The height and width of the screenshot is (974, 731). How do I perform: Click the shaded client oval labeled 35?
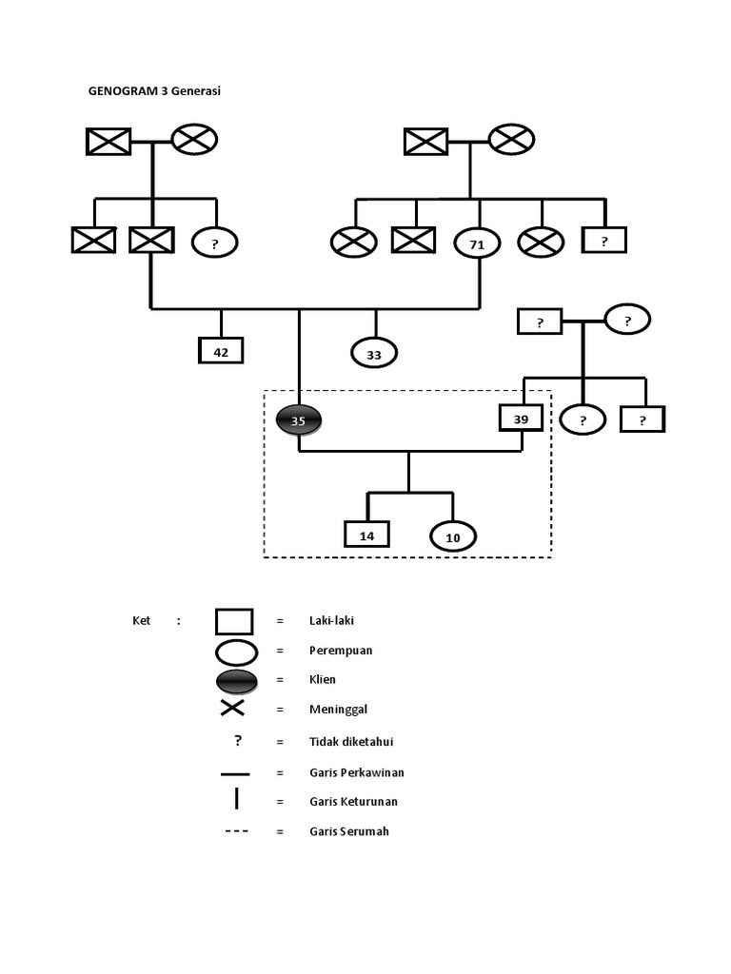tap(299, 419)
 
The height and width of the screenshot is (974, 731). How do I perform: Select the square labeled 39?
tap(521, 419)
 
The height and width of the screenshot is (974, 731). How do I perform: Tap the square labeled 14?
tap(367, 536)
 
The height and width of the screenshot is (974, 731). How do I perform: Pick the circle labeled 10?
tap(453, 537)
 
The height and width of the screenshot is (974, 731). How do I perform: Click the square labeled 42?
tap(221, 351)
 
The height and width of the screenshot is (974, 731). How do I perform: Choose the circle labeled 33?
tap(374, 354)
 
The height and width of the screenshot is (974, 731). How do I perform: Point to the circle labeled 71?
tap(478, 244)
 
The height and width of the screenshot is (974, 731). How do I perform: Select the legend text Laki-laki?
tap(332, 620)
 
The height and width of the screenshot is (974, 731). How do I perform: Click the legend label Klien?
tap(323, 680)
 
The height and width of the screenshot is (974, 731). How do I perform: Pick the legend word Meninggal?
tap(337, 710)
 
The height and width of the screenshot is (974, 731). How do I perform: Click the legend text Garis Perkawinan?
tap(356, 772)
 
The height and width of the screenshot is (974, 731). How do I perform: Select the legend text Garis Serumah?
tap(349, 831)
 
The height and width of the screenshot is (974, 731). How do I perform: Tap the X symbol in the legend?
tap(233, 708)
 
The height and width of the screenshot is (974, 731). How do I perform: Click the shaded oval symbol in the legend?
tap(236, 680)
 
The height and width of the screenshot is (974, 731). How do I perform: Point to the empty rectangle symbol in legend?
tap(234, 621)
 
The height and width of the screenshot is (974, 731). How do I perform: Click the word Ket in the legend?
tap(141, 621)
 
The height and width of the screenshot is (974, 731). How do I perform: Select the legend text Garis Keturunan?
tap(353, 802)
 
